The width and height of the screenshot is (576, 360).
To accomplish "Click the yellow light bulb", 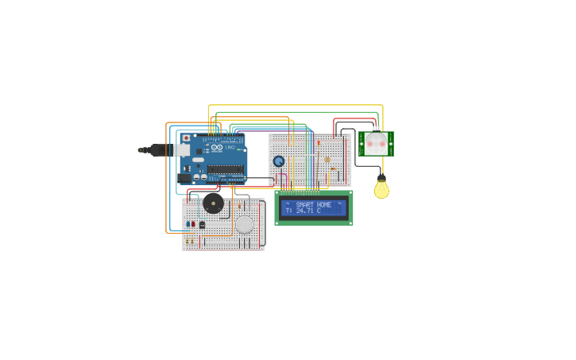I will [x=382, y=190].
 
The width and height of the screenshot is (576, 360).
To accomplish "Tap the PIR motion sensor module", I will [x=376, y=144].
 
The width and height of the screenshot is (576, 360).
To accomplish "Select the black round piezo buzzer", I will [x=213, y=203].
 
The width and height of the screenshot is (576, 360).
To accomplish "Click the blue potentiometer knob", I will [x=279, y=161].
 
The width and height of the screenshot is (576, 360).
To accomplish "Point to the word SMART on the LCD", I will [x=304, y=205].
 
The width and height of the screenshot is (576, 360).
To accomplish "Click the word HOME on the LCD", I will [x=324, y=205].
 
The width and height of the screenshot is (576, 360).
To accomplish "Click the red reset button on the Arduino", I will [x=187, y=138].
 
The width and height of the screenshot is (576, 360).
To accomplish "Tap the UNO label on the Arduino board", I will [x=230, y=147].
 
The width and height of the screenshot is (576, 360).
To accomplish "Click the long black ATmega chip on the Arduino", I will [x=226, y=169].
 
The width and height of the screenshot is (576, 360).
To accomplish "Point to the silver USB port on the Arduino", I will [x=182, y=149].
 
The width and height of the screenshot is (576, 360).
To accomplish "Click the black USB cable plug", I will [x=157, y=149].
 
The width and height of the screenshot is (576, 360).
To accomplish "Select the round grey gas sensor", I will [x=245, y=225].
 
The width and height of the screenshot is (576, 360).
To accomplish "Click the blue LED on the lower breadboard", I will [x=187, y=224].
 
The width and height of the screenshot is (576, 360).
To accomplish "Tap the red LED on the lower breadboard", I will [x=193, y=224].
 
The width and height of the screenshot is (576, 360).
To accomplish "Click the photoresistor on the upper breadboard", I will [x=327, y=160].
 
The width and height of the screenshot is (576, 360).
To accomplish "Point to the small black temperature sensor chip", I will [x=202, y=225].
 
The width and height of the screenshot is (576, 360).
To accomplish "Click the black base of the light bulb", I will [x=381, y=178].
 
